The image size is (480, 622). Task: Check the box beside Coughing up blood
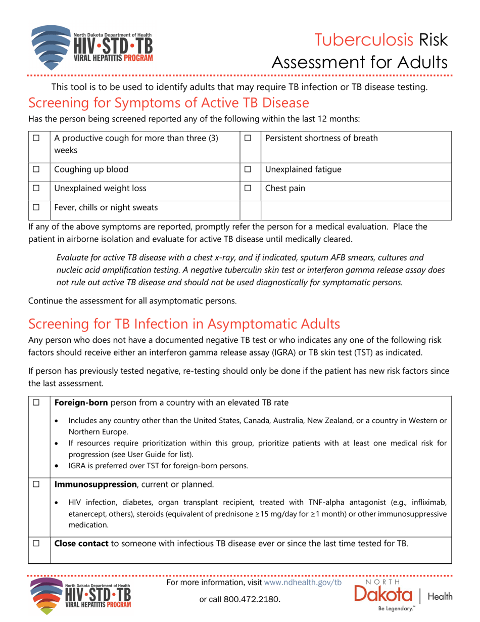(35, 169)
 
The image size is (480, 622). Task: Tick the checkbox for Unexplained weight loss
(35, 189)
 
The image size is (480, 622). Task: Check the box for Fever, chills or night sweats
(35, 207)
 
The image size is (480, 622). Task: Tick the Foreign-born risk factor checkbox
(35, 403)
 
